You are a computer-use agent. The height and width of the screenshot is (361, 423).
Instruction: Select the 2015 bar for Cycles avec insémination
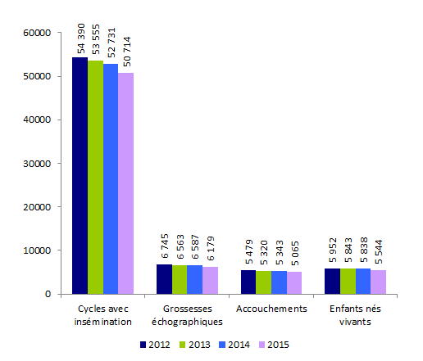click(125, 183)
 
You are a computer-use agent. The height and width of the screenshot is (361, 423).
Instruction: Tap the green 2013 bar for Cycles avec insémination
click(95, 177)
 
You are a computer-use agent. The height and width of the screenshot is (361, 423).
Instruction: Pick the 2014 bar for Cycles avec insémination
click(110, 178)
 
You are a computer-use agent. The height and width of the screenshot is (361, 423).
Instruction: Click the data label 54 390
click(80, 40)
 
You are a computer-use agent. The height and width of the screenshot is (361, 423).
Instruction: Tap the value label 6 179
click(210, 250)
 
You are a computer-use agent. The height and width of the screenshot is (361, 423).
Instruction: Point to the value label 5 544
click(378, 252)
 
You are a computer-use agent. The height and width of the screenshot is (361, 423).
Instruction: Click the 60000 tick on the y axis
click(38, 33)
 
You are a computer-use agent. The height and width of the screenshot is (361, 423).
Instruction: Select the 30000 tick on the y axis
click(38, 163)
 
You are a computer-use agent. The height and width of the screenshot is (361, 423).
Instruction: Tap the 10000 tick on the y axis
click(38, 250)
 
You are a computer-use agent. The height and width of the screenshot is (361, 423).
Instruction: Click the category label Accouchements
click(271, 309)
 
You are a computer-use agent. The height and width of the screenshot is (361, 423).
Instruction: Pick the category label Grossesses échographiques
click(187, 315)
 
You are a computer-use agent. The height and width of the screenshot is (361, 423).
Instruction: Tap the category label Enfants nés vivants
click(355, 315)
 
